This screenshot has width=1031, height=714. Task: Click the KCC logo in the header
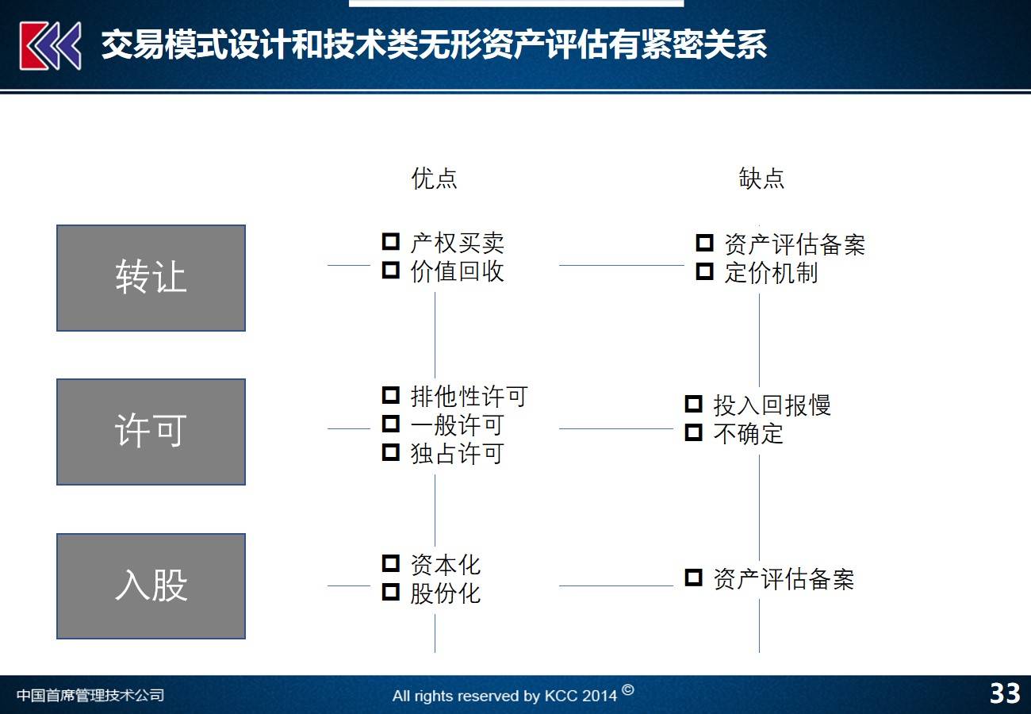[51, 46]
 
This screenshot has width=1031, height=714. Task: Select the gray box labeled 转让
[151, 278]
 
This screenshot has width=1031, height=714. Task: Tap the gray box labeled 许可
[151, 432]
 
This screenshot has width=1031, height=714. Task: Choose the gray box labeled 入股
[151, 586]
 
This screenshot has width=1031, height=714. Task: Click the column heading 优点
[434, 178]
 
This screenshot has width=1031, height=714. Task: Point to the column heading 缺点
[761, 178]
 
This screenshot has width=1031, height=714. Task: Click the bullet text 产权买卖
[457, 243]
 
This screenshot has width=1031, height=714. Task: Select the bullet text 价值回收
[457, 271]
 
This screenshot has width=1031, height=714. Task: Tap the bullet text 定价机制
[771, 273]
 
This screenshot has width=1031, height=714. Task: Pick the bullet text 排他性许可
[469, 396]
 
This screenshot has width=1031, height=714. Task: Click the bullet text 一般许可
[457, 424]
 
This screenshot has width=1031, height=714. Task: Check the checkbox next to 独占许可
[391, 452]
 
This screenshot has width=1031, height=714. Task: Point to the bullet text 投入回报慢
[772, 405]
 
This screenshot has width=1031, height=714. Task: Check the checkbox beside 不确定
[694, 433]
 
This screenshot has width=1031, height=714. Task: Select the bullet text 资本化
[445, 565]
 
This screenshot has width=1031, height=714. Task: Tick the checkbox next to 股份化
[391, 592]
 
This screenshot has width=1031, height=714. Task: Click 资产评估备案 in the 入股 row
[784, 579]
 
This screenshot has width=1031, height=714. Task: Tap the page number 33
[1004, 694]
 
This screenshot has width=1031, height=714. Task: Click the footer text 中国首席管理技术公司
[90, 696]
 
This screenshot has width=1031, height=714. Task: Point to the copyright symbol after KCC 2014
[627, 689]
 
